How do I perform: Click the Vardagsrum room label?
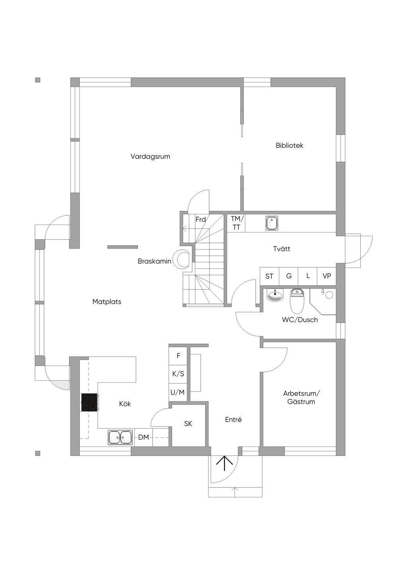click(x=150, y=156)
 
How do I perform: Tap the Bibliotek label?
click(x=289, y=145)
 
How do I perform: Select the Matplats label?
click(x=107, y=301)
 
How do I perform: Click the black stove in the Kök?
click(x=89, y=402)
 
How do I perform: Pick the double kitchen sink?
click(x=120, y=437)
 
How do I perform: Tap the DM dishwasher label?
click(x=143, y=437)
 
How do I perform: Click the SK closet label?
click(x=188, y=424)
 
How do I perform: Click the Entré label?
click(x=233, y=420)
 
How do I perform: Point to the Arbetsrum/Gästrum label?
click(x=301, y=397)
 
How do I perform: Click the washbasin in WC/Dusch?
click(x=275, y=295)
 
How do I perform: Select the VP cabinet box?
click(x=327, y=276)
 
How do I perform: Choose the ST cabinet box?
click(x=269, y=276)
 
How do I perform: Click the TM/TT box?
click(x=236, y=223)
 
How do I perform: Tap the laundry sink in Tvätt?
click(x=272, y=223)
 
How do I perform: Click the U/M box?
click(x=178, y=392)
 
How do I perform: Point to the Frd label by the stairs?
click(x=200, y=219)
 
